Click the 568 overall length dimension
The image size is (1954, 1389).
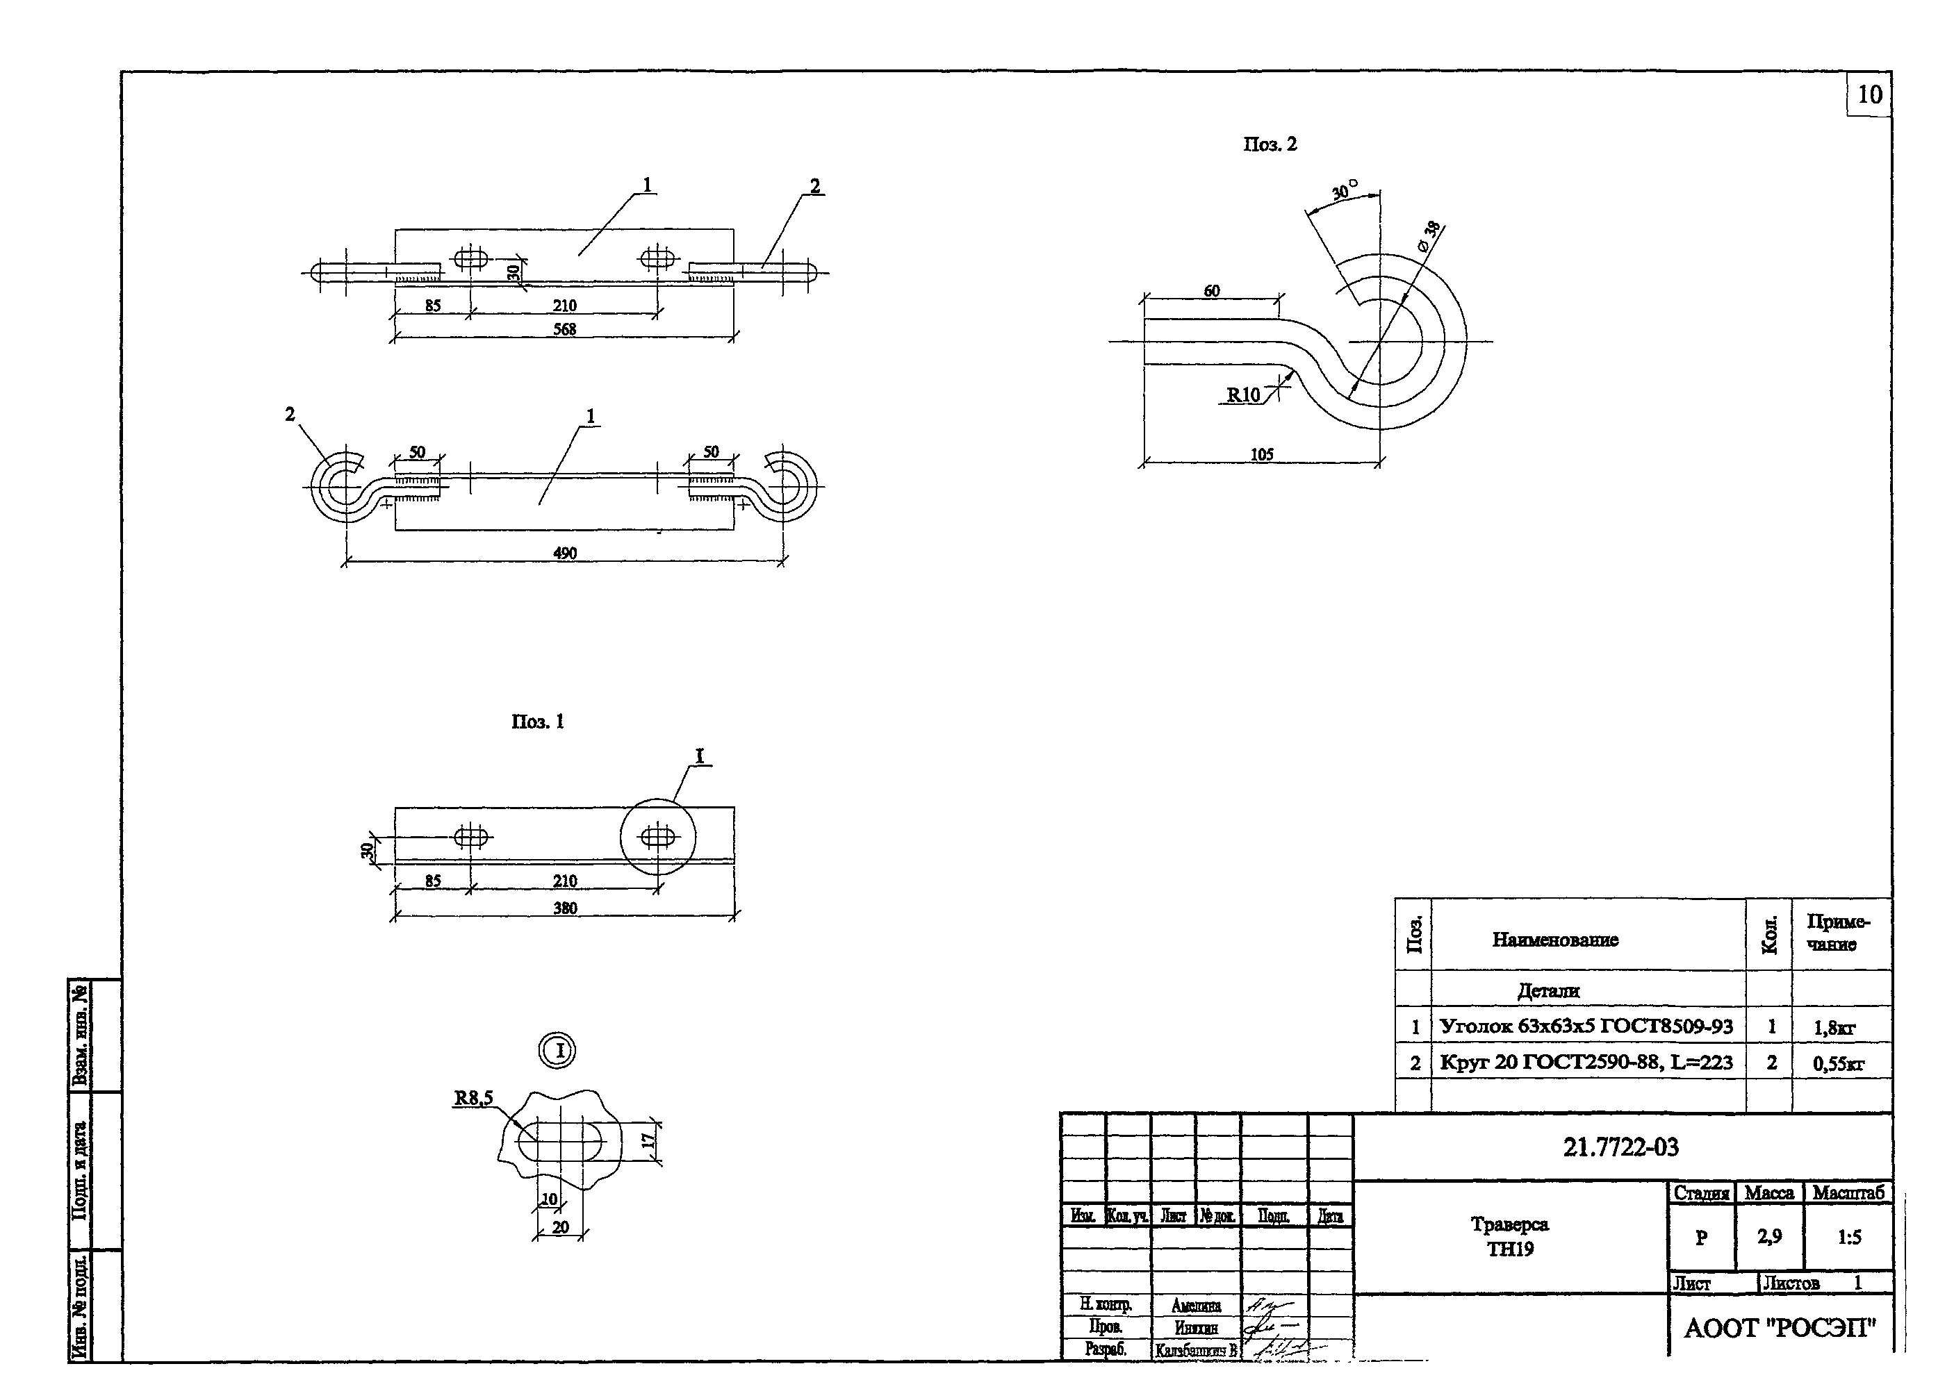pyautogui.click(x=565, y=329)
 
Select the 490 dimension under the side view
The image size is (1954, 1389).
pyautogui.click(x=565, y=554)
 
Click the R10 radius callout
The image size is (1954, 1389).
pyautogui.click(x=1243, y=395)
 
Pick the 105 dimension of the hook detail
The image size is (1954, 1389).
pyautogui.click(x=1262, y=454)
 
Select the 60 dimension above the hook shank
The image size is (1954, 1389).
pyautogui.click(x=1211, y=291)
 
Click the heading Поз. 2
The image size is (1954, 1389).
pyautogui.click(x=1270, y=144)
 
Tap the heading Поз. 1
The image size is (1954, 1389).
pyautogui.click(x=537, y=722)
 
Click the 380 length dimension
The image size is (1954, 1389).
pyautogui.click(x=565, y=908)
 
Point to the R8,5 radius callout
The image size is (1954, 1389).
pyautogui.click(x=473, y=1098)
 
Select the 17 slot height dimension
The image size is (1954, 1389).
pyautogui.click(x=648, y=1141)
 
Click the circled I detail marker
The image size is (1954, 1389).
pyautogui.click(x=557, y=1050)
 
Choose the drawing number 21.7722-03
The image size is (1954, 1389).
pyautogui.click(x=1620, y=1147)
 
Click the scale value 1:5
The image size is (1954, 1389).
pyautogui.click(x=1849, y=1238)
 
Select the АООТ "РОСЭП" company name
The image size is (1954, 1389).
pyautogui.click(x=1780, y=1329)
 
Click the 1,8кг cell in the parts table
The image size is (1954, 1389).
pyautogui.click(x=1834, y=1028)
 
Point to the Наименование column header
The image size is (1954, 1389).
pyautogui.click(x=1554, y=940)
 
